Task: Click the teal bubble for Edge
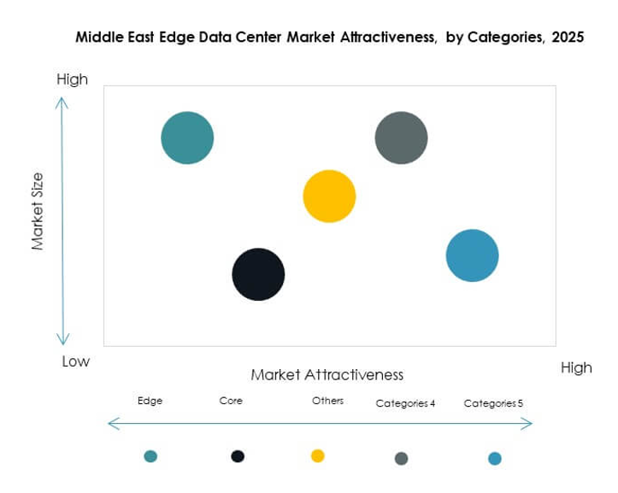(187, 138)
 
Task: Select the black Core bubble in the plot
(258, 274)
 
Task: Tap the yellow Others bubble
(329, 197)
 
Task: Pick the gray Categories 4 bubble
(401, 138)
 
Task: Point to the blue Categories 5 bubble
(472, 255)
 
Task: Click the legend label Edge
(150, 401)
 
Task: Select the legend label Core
(231, 401)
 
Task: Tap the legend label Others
(327, 401)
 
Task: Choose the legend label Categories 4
(406, 403)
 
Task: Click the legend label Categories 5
(493, 403)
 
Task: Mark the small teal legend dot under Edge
(150, 456)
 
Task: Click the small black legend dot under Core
(238, 456)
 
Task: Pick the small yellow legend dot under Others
(318, 456)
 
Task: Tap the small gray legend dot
(401, 459)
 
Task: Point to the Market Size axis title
(38, 212)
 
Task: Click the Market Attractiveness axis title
(327, 375)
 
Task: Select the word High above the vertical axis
(72, 79)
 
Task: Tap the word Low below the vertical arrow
(75, 361)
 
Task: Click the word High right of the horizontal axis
(576, 367)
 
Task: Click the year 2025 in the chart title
(565, 38)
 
